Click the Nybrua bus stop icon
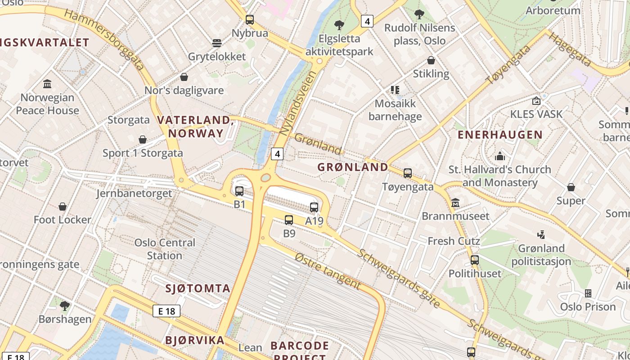(x=250, y=20)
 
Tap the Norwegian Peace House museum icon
(x=47, y=84)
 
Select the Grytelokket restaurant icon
(x=217, y=43)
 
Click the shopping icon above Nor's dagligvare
(x=184, y=77)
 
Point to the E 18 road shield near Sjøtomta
(x=166, y=311)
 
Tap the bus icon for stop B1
(x=239, y=191)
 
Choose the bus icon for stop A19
(x=314, y=207)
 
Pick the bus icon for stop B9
(x=289, y=220)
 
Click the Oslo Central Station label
(x=165, y=249)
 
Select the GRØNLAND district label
(x=353, y=167)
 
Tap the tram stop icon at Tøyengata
(x=408, y=173)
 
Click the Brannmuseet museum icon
(x=455, y=202)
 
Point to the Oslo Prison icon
(x=588, y=293)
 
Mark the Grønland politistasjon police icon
(x=541, y=234)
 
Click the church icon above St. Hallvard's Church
(x=499, y=156)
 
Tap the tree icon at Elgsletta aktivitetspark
(x=339, y=25)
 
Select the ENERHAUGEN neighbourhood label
(x=500, y=135)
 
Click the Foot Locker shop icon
(x=63, y=207)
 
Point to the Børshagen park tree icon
(x=65, y=306)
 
